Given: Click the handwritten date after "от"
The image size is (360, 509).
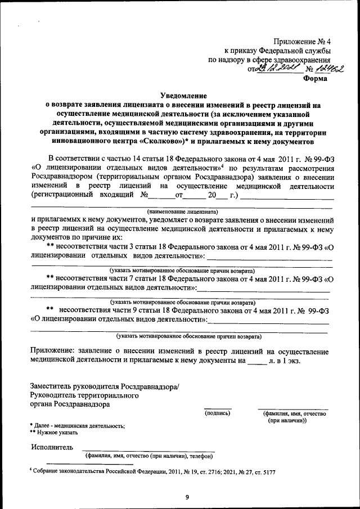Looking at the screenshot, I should point(280,69).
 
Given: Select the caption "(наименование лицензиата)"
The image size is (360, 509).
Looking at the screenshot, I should point(182,211).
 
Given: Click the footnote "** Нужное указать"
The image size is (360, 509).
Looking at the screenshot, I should point(54,433).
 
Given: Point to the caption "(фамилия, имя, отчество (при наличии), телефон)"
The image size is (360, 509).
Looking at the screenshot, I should point(148,456).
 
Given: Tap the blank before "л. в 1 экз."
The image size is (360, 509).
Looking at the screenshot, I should point(256,361).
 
